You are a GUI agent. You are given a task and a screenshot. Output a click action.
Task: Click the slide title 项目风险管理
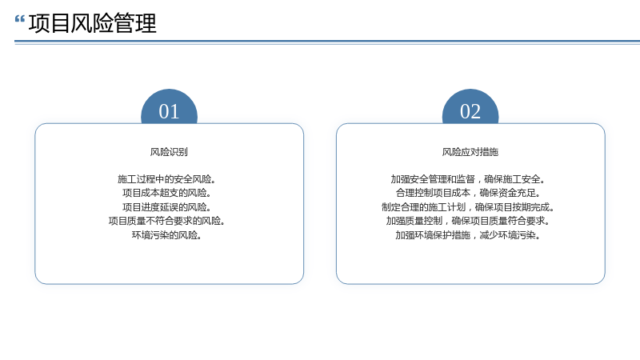[93, 23]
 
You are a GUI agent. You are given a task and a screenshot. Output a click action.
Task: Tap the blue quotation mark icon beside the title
[19, 19]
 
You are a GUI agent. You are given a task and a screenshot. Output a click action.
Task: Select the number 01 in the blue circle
[169, 111]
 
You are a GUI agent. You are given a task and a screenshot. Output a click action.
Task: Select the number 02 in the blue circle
[470, 111]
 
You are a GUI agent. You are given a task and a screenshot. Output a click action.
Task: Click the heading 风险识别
[169, 152]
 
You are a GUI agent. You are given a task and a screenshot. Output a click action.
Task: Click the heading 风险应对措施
[470, 152]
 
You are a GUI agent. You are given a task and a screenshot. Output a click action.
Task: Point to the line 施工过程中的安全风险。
[166, 179]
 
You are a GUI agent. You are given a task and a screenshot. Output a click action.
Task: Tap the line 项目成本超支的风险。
[166, 193]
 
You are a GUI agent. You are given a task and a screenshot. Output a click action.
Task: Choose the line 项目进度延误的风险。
[166, 207]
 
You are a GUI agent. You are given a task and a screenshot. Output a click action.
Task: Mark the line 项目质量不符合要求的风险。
[166, 222]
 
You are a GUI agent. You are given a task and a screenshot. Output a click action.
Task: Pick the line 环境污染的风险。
[166, 235]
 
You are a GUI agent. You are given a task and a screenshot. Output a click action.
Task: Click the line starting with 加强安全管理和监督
[468, 179]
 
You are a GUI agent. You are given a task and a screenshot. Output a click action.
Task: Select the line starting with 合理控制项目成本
[468, 193]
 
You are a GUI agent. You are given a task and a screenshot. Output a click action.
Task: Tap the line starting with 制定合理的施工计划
[468, 207]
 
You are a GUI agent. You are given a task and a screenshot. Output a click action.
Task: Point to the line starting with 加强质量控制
[468, 222]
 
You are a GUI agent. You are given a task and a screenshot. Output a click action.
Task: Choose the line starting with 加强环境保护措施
[468, 235]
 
